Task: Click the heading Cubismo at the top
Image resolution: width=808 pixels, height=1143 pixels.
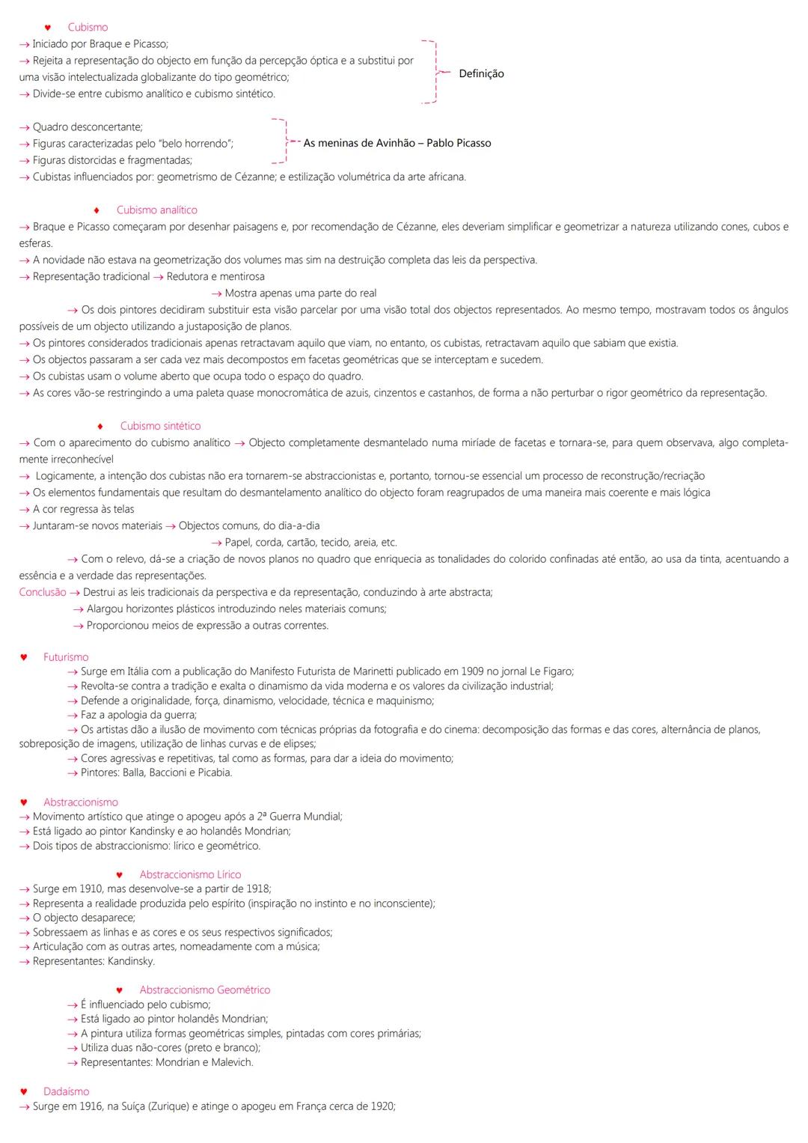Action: tap(88, 28)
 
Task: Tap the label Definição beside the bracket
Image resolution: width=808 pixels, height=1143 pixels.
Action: tap(481, 73)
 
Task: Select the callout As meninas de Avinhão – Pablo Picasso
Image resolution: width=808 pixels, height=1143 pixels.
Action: tap(397, 143)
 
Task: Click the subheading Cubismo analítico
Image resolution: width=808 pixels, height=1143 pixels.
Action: tap(157, 210)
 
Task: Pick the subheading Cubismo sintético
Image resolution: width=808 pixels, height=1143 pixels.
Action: tap(160, 426)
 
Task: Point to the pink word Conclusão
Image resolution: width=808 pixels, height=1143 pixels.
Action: tap(43, 592)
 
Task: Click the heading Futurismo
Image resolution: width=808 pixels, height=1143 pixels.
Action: tap(66, 657)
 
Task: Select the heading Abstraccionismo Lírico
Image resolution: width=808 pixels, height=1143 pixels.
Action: tap(190, 874)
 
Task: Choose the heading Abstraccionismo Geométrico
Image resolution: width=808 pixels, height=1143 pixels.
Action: tap(205, 990)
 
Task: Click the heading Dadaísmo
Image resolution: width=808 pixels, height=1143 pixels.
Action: tap(66, 1091)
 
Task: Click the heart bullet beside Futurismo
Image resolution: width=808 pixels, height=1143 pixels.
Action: tap(24, 657)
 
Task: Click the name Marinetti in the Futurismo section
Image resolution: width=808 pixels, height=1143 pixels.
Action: tap(369, 671)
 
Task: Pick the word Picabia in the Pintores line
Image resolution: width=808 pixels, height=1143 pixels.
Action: tap(214, 772)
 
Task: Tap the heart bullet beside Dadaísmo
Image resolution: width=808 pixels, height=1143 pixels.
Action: tap(24, 1091)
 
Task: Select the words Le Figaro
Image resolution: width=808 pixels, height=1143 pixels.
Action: tap(551, 671)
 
